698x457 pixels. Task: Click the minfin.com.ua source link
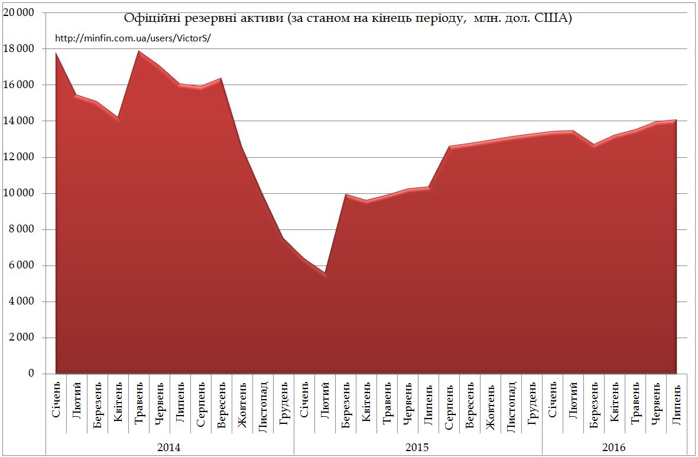click(132, 38)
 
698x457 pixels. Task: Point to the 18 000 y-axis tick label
click(19, 49)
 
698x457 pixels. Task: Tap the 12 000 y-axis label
click(19, 157)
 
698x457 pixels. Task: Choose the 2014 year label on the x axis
click(169, 447)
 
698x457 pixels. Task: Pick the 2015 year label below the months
click(417, 447)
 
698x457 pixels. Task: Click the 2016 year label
click(614, 447)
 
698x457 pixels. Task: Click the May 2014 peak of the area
click(139, 51)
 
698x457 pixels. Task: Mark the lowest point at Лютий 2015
click(324, 273)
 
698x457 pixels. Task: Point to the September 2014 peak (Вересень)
click(221, 79)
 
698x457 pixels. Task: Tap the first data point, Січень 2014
click(56, 53)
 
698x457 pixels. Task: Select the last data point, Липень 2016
click(676, 121)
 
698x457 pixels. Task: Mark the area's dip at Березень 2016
click(593, 145)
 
